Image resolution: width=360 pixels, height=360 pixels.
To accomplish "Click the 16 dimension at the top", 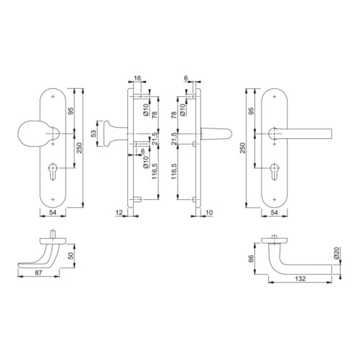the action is pyautogui.click(x=137, y=78).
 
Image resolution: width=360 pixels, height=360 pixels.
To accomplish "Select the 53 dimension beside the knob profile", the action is pyautogui.click(x=94, y=134).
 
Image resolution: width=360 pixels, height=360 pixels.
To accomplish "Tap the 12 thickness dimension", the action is pyautogui.click(x=119, y=212).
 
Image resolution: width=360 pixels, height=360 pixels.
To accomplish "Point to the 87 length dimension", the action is pyautogui.click(x=38, y=273).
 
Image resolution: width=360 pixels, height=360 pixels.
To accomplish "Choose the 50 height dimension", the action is pyautogui.click(x=71, y=256).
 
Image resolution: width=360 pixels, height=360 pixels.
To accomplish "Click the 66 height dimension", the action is pyautogui.click(x=251, y=259).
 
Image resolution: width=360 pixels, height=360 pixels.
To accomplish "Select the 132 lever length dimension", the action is pyautogui.click(x=300, y=278).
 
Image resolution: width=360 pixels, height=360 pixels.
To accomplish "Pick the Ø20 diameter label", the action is pyautogui.click(x=336, y=253).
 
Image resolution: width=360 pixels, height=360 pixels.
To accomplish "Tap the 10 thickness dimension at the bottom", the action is pyautogui.click(x=209, y=212).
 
